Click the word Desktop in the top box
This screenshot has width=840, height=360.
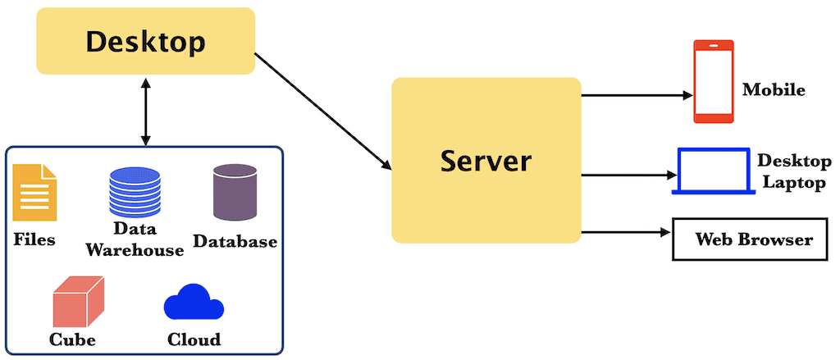pyautogui.click(x=146, y=41)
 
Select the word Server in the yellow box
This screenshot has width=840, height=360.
pyautogui.click(x=486, y=160)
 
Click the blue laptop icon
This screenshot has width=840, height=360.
pyautogui.click(x=713, y=171)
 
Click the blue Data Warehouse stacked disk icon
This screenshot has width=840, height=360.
pyautogui.click(x=135, y=191)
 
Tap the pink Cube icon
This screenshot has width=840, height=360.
pyautogui.click(x=78, y=301)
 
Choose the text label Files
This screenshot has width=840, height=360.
pyautogui.click(x=34, y=240)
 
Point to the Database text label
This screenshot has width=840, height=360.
pyautogui.click(x=235, y=242)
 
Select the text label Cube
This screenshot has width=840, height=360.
pyautogui.click(x=73, y=339)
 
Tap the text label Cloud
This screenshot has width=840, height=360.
pyautogui.click(x=194, y=339)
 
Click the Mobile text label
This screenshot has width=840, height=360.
pyautogui.click(x=774, y=89)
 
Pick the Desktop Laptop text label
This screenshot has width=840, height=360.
pyautogui.click(x=793, y=171)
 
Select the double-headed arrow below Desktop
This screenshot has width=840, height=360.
pyautogui.click(x=145, y=112)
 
